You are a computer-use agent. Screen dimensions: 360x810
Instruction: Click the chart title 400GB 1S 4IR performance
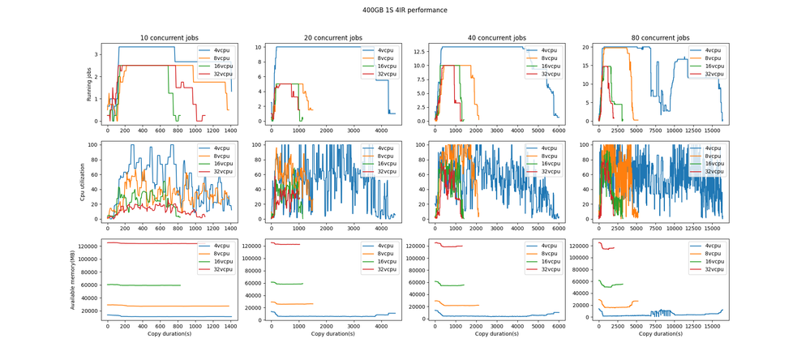point(405,11)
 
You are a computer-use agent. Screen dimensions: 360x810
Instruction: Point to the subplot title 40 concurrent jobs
point(496,38)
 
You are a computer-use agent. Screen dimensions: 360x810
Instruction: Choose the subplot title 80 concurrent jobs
point(660,38)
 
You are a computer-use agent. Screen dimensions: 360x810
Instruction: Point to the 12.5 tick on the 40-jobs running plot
point(418,51)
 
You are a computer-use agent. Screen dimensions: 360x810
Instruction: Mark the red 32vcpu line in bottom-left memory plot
point(162,243)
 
